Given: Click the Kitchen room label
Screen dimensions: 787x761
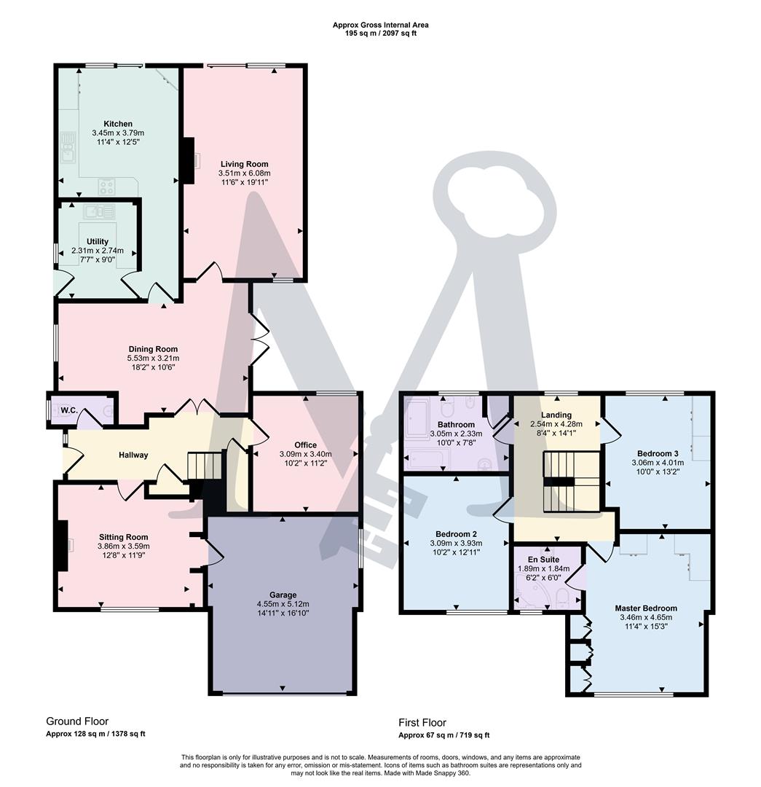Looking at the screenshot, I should coord(118,124).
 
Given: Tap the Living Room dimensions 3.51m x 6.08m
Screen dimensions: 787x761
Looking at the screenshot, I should coord(244,173).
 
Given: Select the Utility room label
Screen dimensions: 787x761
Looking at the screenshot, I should coord(98,241).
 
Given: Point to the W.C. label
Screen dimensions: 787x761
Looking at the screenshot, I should coord(69,411).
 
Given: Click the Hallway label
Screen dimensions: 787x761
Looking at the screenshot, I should coord(133,455).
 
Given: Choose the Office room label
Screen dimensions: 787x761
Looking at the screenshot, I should coord(305,445).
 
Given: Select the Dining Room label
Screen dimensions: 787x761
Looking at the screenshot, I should coord(153,349).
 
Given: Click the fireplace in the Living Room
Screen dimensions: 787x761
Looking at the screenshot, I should coord(189,160).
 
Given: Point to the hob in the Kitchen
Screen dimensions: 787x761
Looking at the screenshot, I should coord(106,187).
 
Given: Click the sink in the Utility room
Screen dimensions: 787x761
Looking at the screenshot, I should coord(98,212).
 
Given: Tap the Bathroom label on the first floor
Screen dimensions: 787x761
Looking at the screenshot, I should coord(456,424).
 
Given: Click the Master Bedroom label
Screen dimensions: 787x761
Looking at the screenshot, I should coord(645,608).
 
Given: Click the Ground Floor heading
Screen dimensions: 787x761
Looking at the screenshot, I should coord(77,721).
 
